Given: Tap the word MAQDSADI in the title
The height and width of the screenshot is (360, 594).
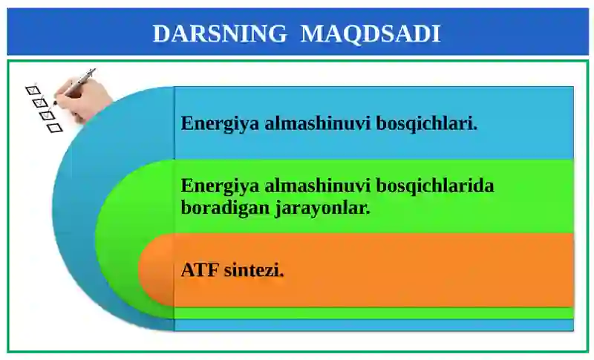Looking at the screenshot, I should (371, 33).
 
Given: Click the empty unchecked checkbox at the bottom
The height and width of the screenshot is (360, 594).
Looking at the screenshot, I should (54, 128).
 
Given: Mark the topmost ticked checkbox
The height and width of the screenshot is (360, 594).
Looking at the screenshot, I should (32, 91).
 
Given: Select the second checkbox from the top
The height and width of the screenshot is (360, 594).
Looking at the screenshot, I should (40, 103).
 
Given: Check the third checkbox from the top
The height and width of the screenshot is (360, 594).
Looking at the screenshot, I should (47, 115).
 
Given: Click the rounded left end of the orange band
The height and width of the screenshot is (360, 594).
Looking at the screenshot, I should (152, 271).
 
